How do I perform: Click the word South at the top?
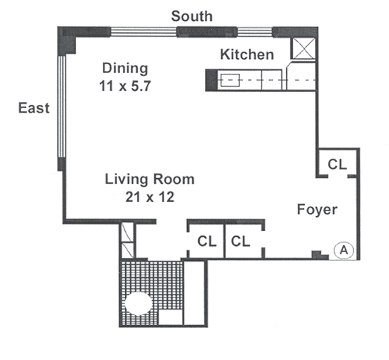(x=192, y=16)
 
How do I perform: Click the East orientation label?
(x=34, y=108)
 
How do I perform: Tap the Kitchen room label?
(x=247, y=54)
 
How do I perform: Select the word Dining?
(x=125, y=69)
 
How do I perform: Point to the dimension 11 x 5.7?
(x=125, y=86)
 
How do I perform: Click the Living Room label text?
(x=150, y=179)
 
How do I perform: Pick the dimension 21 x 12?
(x=150, y=197)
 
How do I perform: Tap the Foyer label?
(x=317, y=209)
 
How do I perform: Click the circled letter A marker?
(x=344, y=250)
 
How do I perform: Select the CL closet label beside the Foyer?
(x=337, y=164)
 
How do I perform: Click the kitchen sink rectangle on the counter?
(x=230, y=80)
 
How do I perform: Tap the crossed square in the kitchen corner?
(x=304, y=49)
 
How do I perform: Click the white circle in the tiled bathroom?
(x=139, y=303)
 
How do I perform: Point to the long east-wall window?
(x=61, y=107)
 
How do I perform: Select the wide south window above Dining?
(x=144, y=32)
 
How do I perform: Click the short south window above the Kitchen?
(x=255, y=32)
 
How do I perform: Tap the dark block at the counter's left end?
(x=212, y=80)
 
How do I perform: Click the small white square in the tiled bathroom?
(x=171, y=317)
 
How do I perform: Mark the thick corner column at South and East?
(x=67, y=40)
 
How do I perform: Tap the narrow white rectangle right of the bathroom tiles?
(x=194, y=293)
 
